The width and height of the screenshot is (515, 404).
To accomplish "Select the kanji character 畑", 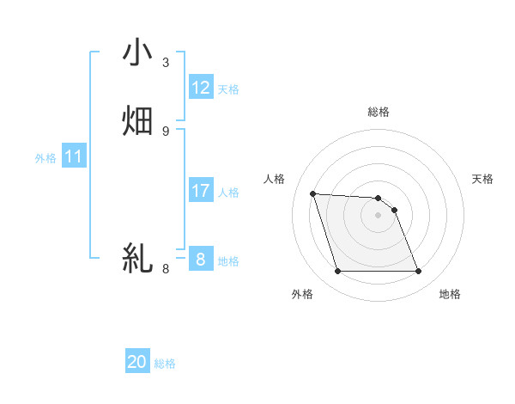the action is tap(138, 121).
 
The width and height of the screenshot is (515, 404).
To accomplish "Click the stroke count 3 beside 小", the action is tap(166, 63).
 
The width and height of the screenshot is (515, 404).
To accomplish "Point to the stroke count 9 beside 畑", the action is tap(166, 131).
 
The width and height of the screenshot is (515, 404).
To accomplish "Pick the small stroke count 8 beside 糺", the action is tap(166, 268).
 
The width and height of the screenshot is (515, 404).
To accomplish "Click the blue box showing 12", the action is tap(201, 88).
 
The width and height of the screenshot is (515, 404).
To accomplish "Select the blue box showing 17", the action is tap(201, 191).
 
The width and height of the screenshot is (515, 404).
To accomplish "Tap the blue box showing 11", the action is tap(74, 157).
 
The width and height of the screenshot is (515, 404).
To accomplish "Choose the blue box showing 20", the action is tap(137, 363).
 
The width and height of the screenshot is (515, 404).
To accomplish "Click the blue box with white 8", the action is tap(201, 259).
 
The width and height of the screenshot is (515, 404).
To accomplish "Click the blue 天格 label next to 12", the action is tap(228, 89).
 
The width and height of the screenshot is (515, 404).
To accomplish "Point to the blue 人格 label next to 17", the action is tap(228, 193).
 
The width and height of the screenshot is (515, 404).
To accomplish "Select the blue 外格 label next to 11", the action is tap(45, 158).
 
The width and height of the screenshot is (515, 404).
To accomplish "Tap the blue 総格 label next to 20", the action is tap(165, 364).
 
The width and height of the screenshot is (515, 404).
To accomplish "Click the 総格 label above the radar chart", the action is tap(379, 113).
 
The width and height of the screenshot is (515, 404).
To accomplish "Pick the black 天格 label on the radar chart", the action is tap(483, 179).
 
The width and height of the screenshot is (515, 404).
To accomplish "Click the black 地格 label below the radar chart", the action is tap(450, 295).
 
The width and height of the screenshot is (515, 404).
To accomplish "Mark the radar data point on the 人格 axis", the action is tap(312, 193).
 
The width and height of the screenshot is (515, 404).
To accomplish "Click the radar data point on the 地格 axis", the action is tap(419, 272).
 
